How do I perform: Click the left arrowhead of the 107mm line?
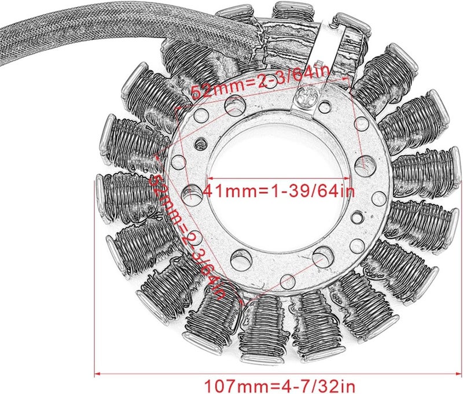(x=98, y=374)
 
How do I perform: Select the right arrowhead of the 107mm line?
(x=455, y=374)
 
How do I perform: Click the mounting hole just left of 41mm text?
(x=190, y=193)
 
